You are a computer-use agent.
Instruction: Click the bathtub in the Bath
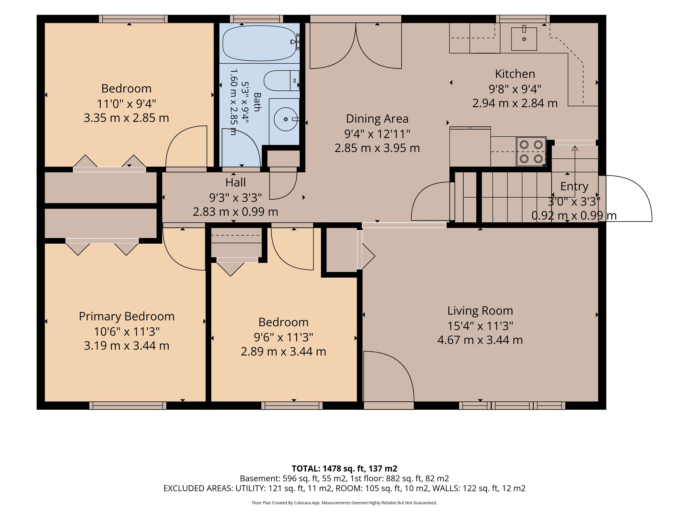[x=259, y=43]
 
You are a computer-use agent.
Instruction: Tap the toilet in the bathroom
[x=282, y=80]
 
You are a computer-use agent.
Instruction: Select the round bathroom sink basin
[x=286, y=119]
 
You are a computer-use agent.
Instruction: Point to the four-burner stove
[x=531, y=152]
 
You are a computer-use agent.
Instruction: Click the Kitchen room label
[x=515, y=74]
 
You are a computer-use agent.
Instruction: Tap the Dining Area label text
[x=377, y=119]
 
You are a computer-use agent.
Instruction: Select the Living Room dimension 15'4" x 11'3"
[x=480, y=326]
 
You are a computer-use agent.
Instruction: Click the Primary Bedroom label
[x=126, y=317]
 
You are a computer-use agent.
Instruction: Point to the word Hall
[x=235, y=182]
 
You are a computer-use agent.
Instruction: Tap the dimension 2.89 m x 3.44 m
[x=283, y=351]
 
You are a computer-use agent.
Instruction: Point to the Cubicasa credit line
[x=344, y=503]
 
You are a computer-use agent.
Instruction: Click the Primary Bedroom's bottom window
[x=128, y=406]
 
